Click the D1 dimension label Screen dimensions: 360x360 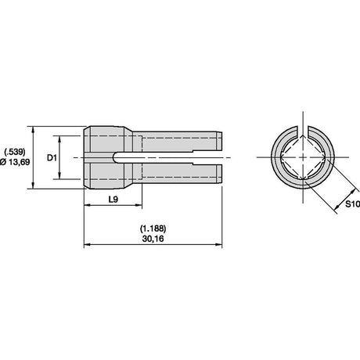coord(52,158)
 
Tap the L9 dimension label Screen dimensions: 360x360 coord(113,200)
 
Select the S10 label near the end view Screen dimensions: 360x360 coord(353,204)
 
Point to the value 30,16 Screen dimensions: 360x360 coord(153,239)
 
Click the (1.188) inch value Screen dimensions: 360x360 coord(153,229)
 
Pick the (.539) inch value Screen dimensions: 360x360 coord(15,152)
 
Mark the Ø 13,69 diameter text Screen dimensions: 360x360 coord(15,162)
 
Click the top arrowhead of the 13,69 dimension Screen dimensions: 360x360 coord(33,130)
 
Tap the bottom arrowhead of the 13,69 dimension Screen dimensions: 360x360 coord(33,185)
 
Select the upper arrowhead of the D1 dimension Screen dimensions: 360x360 coord(59,139)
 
